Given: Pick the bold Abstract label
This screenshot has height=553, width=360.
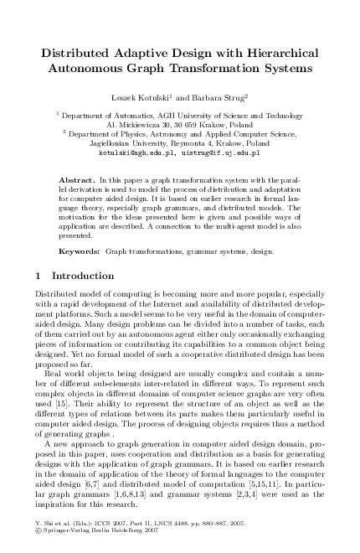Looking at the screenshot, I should (x=76, y=180).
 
